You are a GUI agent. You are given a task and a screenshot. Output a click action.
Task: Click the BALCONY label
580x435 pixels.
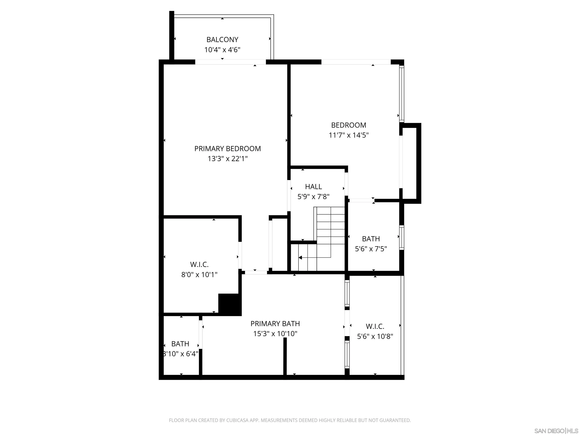[222, 40]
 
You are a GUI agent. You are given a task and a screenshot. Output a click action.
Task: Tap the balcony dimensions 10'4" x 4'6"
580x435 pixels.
[222, 50]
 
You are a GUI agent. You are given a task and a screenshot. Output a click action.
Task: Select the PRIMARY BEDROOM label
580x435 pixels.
[227, 149]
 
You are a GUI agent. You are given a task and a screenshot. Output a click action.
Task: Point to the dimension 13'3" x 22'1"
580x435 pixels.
[227, 159]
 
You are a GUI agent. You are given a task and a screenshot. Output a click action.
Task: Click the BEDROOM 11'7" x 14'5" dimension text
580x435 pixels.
[349, 135]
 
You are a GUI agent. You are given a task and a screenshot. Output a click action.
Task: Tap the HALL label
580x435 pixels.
[313, 187]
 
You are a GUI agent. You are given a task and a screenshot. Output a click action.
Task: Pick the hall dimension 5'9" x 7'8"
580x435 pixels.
[313, 197]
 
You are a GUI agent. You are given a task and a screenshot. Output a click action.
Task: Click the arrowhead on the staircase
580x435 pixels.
[300, 258]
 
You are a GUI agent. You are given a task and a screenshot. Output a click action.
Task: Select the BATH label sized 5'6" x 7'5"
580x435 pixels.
[371, 239]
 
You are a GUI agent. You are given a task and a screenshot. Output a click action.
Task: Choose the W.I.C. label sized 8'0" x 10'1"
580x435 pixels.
[199, 264]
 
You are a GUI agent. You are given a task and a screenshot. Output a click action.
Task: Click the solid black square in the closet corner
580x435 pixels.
[230, 304]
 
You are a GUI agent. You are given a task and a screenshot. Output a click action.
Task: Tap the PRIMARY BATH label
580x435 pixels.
[275, 324]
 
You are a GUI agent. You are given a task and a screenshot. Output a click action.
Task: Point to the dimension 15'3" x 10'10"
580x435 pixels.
[275, 334]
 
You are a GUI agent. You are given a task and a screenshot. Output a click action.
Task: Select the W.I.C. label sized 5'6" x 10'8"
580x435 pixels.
[375, 326]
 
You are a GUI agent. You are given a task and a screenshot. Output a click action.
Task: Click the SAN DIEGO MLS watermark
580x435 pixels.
[556, 431]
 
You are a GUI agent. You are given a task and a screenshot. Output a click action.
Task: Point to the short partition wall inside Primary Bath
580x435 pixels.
[285, 357]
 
